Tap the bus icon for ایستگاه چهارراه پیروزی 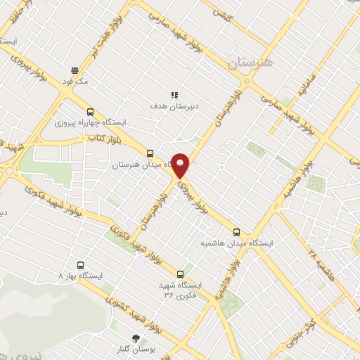[x=90, y=111]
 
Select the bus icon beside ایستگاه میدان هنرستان [x=149, y=153]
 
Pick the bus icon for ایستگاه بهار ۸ [x=81, y=265]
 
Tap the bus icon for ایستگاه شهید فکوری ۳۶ [x=181, y=274]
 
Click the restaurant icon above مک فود [x=74, y=70]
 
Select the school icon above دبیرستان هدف [x=174, y=95]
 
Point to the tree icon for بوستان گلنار [x=136, y=338]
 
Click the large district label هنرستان [x=254, y=63]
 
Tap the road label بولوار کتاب [x=101, y=140]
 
